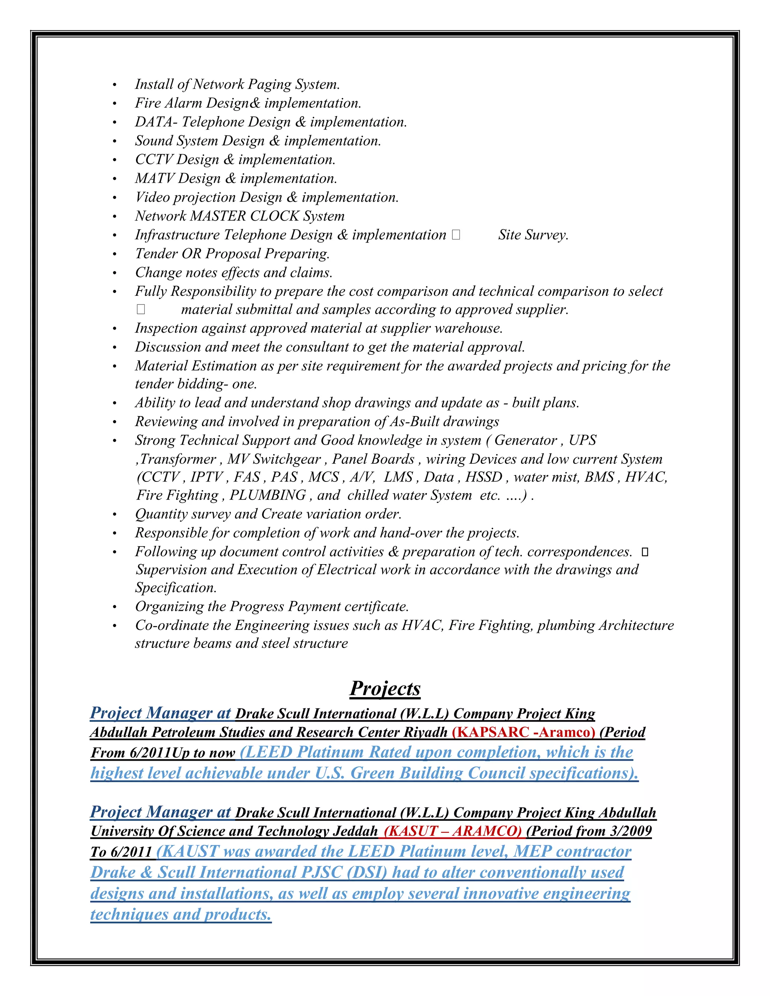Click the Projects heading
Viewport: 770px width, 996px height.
(385, 689)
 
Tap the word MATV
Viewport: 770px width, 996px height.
(155, 178)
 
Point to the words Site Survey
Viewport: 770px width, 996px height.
(533, 235)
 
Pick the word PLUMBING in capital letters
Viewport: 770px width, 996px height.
(268, 495)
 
